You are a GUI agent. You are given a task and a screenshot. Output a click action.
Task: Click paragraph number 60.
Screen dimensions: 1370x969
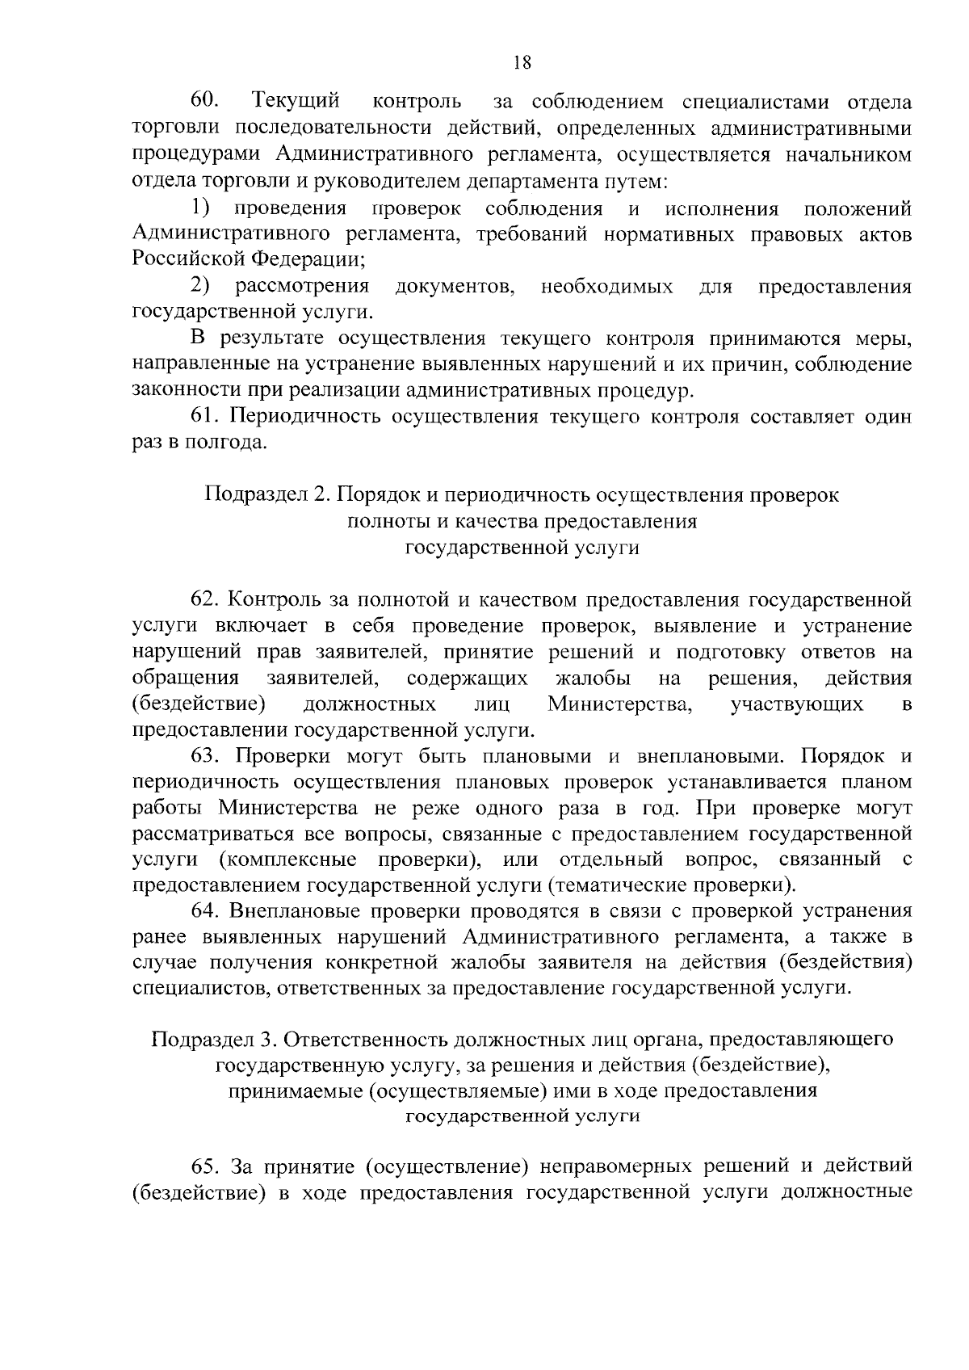click(x=206, y=102)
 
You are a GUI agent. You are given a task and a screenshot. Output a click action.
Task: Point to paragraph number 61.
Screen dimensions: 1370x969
click(x=205, y=417)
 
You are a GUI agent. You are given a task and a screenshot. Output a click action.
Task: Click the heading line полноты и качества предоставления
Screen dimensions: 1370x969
click(x=522, y=521)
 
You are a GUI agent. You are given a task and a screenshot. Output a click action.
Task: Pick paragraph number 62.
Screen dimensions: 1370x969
click(x=205, y=599)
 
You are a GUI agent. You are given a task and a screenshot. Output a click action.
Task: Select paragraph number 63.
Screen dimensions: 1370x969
click(x=205, y=756)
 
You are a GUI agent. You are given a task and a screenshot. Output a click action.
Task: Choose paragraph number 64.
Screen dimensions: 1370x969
click(x=205, y=911)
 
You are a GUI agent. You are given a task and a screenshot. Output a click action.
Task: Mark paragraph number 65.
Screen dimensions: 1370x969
click(x=205, y=1166)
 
